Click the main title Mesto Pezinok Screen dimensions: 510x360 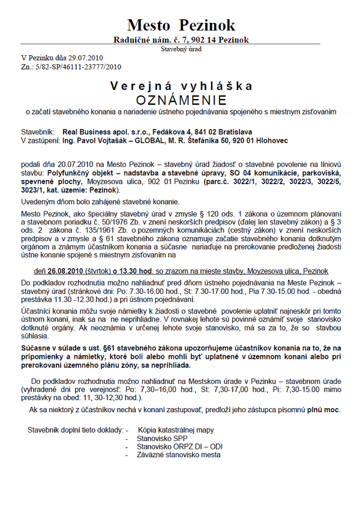pos(181,25)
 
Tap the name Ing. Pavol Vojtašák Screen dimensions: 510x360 pos(97,140)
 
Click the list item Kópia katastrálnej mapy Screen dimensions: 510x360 pos(175,430)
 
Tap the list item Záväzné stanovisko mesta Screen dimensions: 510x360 pos(177,455)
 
